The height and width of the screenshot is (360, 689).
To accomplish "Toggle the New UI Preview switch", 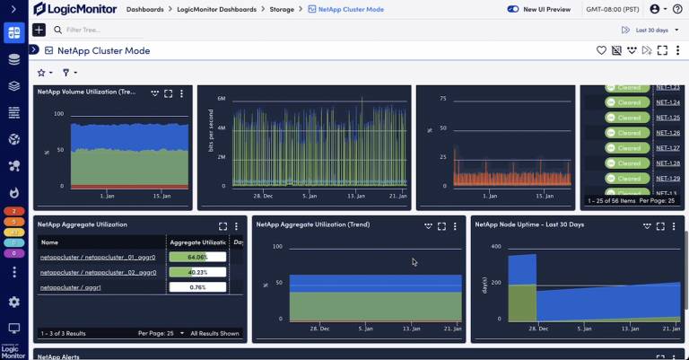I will coord(513,9).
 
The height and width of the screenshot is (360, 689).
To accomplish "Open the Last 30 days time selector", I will coord(645,30).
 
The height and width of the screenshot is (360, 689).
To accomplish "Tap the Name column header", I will coord(49,242).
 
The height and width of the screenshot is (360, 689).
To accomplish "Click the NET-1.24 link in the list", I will coord(667,102).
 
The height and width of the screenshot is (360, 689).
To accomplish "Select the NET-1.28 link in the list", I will coord(667,163).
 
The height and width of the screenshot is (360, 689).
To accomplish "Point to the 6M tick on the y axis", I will coord(221,99).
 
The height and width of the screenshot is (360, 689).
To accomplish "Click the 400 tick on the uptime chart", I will coord(494,246).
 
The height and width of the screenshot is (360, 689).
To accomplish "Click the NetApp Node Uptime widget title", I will coord(529,224).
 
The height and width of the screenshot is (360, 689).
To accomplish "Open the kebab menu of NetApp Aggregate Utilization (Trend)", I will coord(456,226).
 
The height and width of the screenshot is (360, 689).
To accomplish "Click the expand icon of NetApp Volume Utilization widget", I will coord(168,93).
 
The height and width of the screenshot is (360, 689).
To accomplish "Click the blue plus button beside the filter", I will coord(39,30).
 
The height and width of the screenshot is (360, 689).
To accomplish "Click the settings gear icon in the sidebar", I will coord(14,303).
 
